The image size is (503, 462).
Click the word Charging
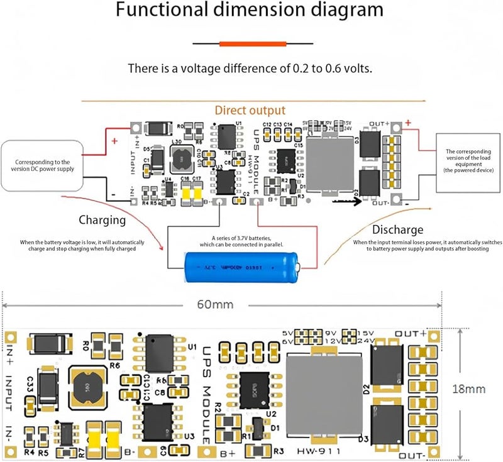pos(102,220)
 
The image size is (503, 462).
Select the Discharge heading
pos(397,229)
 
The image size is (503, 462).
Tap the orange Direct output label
pos(250,111)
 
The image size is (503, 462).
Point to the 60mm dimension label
pos(216,305)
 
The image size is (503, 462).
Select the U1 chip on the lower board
pos(160,353)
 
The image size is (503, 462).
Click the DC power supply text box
pos(44,165)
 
